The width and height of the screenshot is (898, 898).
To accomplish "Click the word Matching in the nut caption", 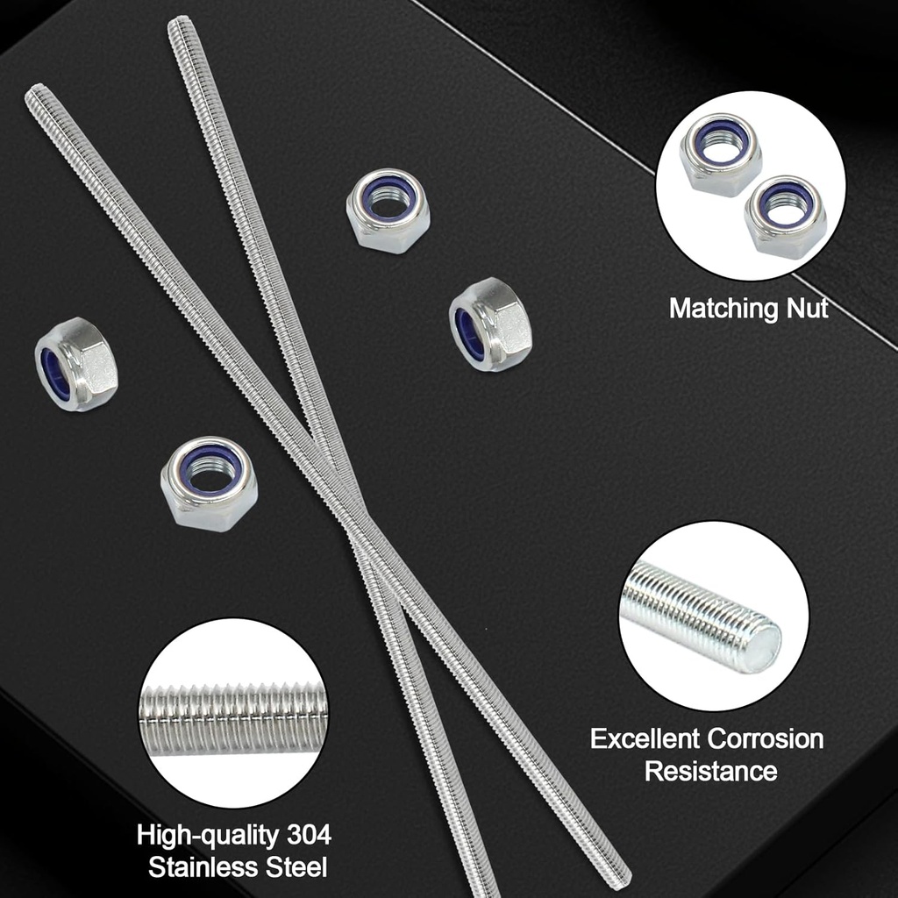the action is (x=724, y=310).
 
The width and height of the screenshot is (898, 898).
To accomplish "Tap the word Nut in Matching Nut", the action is (x=808, y=308).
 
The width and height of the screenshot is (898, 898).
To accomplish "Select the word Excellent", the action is (x=645, y=738).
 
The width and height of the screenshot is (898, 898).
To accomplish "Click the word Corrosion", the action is (x=766, y=738).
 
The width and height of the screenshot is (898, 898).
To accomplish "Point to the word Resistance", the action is (x=710, y=771).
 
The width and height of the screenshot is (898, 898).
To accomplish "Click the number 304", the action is (x=310, y=835).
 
